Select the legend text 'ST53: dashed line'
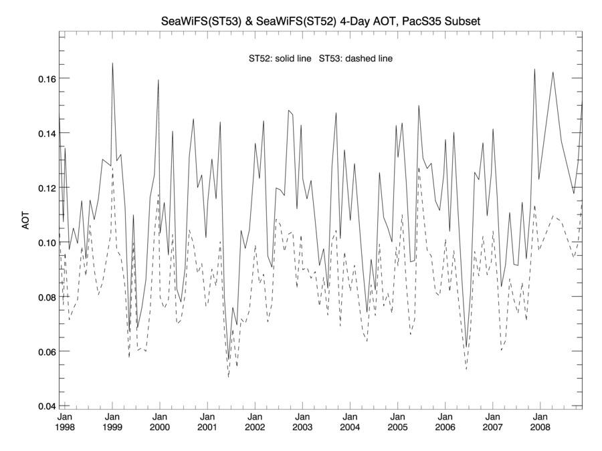pyautogui.click(x=355, y=59)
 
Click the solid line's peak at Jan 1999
pyautogui.click(x=112, y=63)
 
